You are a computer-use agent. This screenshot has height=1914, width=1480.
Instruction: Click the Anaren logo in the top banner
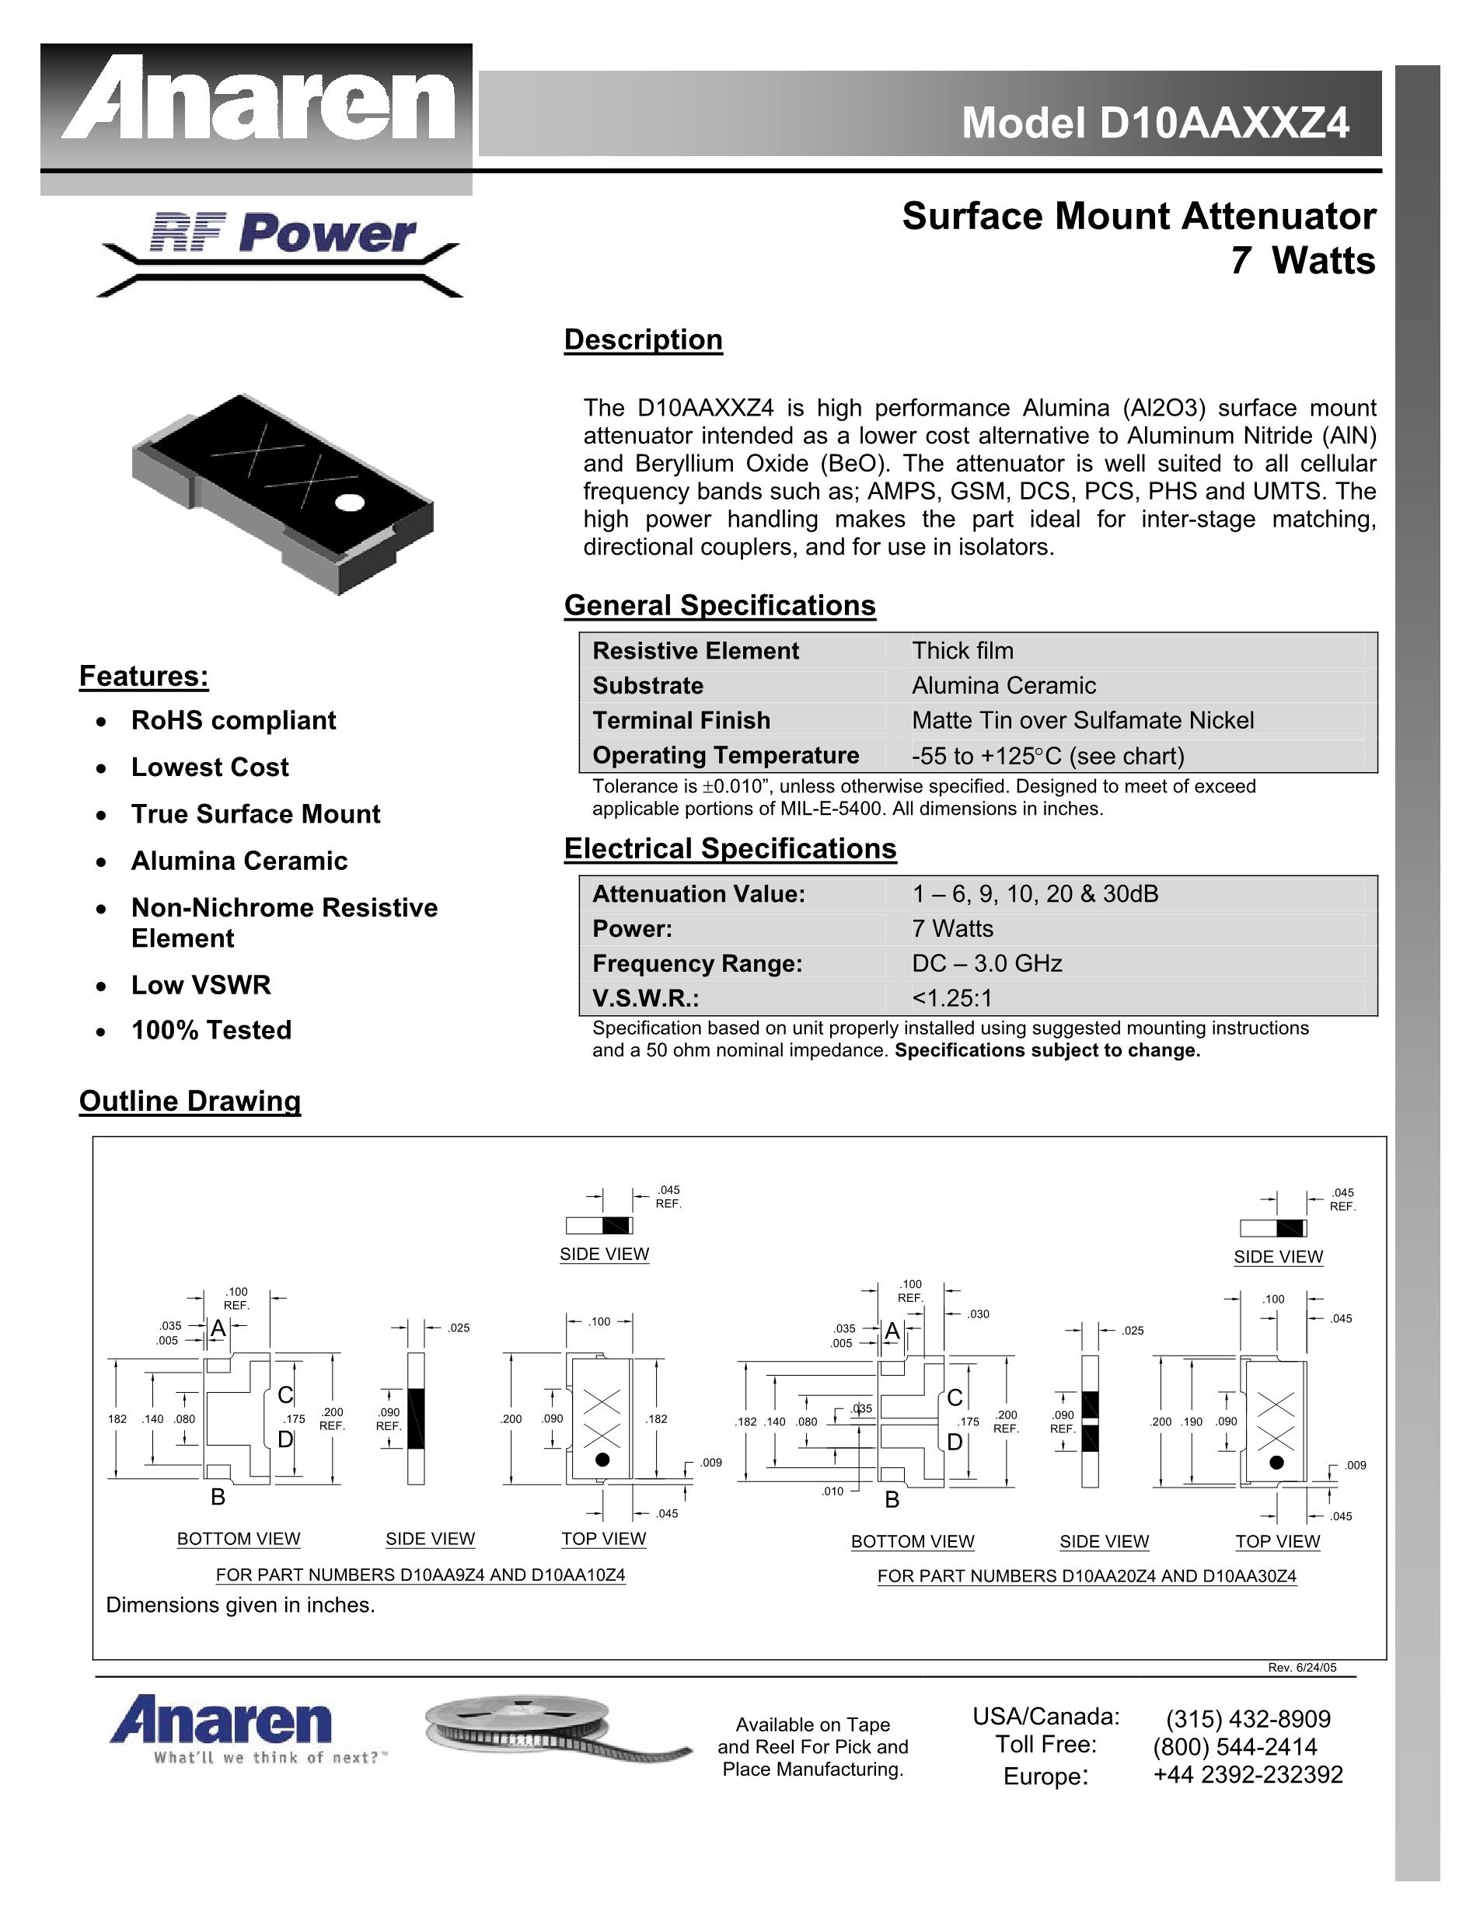point(258,108)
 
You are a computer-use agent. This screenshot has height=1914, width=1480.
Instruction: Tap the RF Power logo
point(281,253)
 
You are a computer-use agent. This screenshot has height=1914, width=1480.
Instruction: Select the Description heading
point(643,340)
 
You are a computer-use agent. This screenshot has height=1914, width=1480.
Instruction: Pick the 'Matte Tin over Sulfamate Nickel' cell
point(1083,720)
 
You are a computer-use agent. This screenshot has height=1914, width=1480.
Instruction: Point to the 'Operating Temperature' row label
point(725,756)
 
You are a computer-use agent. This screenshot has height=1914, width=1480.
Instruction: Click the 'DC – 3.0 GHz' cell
point(986,964)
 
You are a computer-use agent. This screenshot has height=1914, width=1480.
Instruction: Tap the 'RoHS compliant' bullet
point(233,720)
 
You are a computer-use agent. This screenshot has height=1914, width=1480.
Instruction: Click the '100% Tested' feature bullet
point(211,1030)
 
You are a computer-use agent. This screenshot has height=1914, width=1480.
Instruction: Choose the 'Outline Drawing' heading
point(190,1101)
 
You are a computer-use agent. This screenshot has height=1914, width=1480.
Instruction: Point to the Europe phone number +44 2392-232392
point(1248,1775)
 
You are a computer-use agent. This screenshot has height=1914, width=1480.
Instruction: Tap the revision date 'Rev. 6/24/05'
point(1302,1668)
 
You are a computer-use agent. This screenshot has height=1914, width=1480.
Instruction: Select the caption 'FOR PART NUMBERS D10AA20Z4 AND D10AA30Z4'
point(1087,1576)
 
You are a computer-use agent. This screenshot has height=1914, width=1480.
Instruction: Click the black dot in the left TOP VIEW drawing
point(602,1459)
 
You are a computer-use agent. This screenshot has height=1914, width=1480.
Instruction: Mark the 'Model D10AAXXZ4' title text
point(1156,123)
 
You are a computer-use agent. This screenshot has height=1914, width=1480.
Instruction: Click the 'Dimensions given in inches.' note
point(240,1605)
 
